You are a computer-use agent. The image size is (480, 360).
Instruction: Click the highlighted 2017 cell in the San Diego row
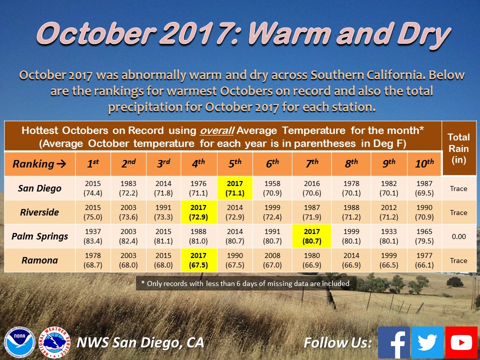[235, 188]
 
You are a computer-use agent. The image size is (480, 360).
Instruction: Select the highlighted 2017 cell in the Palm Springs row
[312, 236]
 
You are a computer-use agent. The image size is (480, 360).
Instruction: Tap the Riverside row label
[39, 212]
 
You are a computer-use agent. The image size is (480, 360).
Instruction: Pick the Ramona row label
[39, 260]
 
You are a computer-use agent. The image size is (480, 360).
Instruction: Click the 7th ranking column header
[312, 164]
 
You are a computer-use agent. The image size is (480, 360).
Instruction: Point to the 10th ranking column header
[424, 164]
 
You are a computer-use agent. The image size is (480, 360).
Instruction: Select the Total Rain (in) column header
[458, 148]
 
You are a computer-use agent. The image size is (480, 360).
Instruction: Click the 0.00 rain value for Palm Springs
[458, 236]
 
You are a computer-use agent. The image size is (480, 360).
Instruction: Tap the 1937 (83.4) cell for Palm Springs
[93, 236]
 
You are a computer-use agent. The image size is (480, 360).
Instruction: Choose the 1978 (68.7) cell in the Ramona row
[93, 260]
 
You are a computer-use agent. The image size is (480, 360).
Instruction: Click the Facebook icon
[394, 342]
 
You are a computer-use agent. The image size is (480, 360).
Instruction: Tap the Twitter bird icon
[427, 342]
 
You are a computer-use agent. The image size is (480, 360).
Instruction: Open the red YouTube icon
[461, 342]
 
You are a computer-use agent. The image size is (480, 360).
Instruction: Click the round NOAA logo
[19, 342]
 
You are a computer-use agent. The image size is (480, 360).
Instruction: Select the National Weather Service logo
[55, 342]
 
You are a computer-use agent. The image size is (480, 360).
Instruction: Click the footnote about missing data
[246, 283]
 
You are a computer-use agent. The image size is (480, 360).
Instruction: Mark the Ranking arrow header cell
[39, 164]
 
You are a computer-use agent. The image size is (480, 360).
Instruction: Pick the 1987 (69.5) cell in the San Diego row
[424, 188]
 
